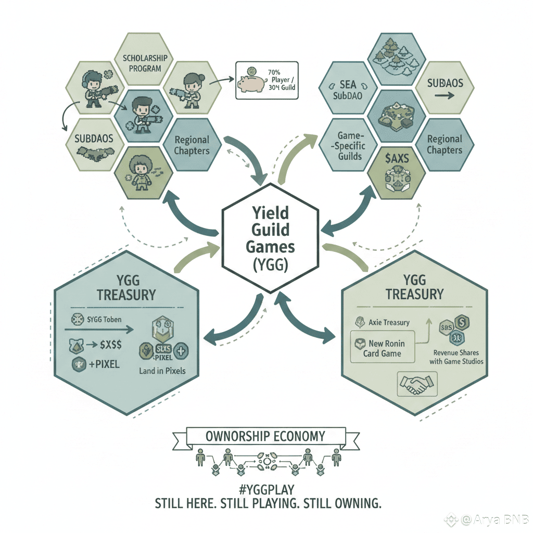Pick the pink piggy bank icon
(x=249, y=82)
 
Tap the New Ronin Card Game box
(x=383, y=348)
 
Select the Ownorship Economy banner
(x=265, y=436)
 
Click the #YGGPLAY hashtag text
(x=266, y=490)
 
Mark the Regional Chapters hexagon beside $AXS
(x=445, y=144)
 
